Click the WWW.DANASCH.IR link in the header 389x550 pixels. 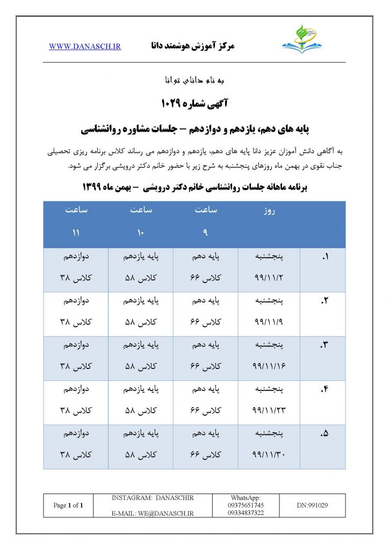point(85,47)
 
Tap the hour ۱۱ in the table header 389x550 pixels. point(76,233)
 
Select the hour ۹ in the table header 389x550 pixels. point(204,233)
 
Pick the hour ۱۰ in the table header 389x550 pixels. point(141,233)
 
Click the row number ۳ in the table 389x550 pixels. point(324,346)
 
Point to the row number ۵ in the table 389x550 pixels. point(324,434)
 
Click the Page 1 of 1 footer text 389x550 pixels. point(68,505)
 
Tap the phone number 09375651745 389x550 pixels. point(247,505)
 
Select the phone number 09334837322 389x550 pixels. point(247,512)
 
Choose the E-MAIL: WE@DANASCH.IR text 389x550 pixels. point(153,513)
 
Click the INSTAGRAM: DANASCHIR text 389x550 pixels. point(153,498)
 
